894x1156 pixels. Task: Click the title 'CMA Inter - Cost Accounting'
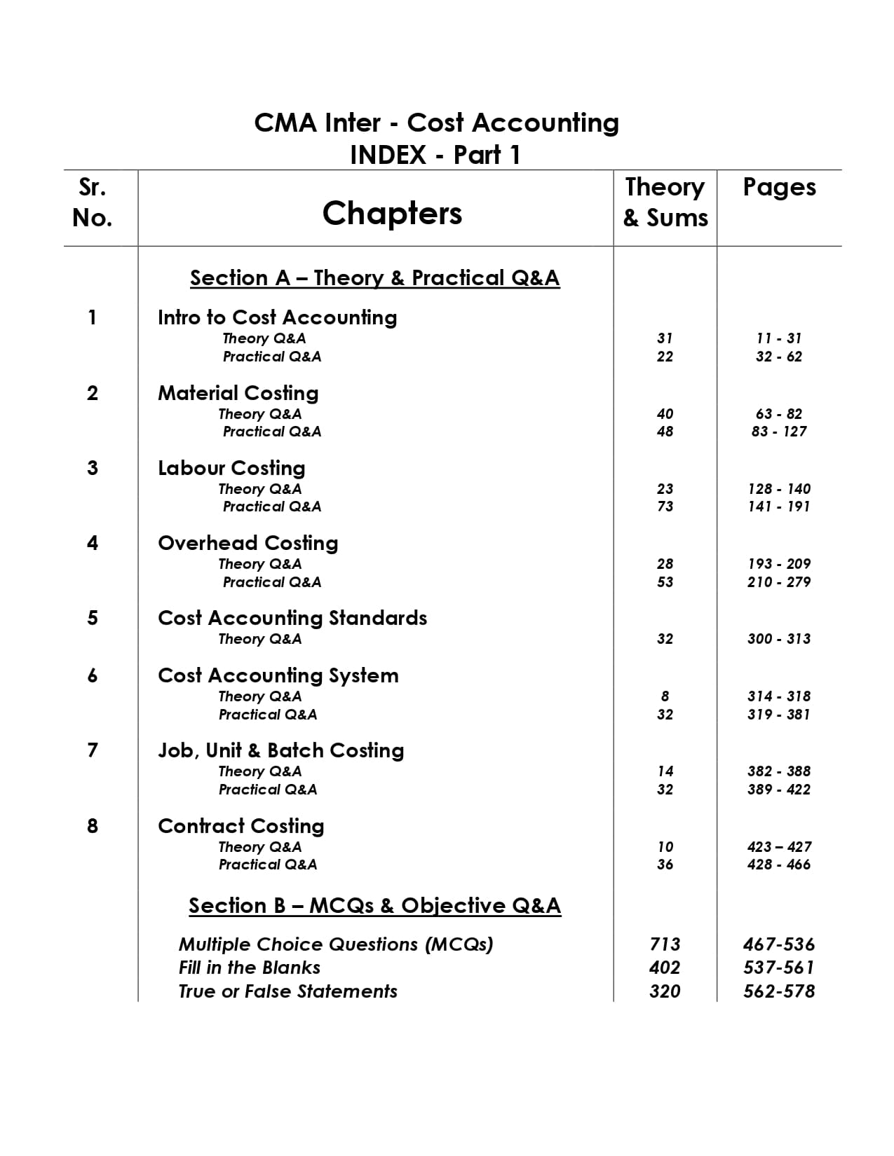coord(436,123)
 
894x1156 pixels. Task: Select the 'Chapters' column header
coord(392,213)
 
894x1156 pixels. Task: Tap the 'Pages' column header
coord(779,188)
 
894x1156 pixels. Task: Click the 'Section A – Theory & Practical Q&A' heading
coord(374,278)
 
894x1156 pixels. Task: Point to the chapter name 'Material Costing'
coord(238,393)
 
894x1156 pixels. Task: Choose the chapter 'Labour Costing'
coord(231,468)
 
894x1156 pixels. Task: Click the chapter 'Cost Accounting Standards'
coord(292,618)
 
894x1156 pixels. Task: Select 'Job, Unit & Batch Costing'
coord(280,750)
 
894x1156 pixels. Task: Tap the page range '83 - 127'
coord(779,432)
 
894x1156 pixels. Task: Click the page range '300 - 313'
coord(779,639)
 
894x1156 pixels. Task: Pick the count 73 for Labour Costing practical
coord(665,507)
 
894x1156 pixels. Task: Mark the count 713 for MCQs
coord(665,944)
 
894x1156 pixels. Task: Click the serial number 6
coord(93,675)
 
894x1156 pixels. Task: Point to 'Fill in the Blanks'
coord(249,968)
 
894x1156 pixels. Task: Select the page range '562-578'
coord(779,991)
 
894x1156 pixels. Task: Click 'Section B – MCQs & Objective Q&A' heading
coord(374,906)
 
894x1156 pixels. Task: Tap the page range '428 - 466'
coord(779,865)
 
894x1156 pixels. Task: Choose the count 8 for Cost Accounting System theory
coord(665,696)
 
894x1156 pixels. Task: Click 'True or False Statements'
coord(287,991)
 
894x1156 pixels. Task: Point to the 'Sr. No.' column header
coord(93,202)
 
